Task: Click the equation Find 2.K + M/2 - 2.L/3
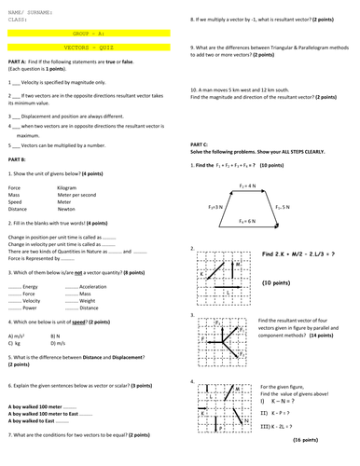[x=300, y=254]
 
